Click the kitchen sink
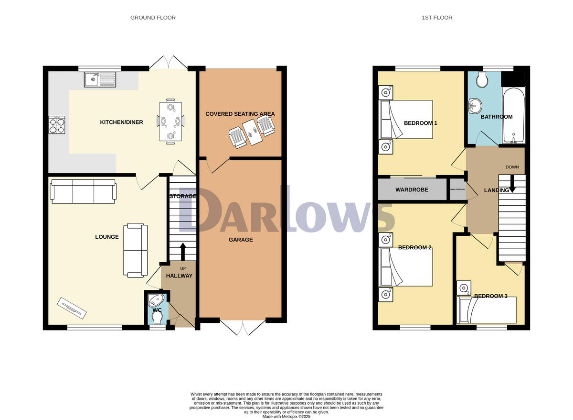100,79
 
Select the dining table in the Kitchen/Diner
170,122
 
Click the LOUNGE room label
107,237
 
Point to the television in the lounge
73,309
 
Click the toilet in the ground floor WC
156,317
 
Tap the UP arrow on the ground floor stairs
182,251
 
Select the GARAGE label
241,240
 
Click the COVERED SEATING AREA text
240,114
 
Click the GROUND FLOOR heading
153,18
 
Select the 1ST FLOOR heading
437,18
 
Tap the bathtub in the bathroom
513,115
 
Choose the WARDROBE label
412,190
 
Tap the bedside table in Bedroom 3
464,288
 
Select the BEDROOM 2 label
415,248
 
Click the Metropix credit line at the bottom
286,417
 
